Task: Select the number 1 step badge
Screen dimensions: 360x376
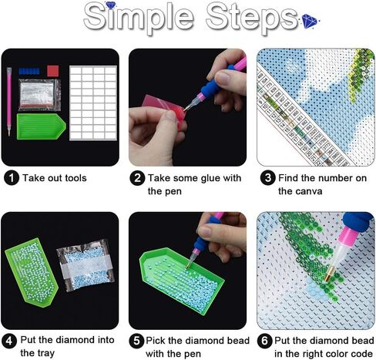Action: coord(11,179)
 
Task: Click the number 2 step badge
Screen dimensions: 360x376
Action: coord(136,179)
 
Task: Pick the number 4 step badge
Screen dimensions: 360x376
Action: coord(11,341)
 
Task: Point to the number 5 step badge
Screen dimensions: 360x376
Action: coord(136,341)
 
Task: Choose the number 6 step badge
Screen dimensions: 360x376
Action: coord(264,341)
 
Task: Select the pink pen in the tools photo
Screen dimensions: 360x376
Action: coord(10,100)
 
